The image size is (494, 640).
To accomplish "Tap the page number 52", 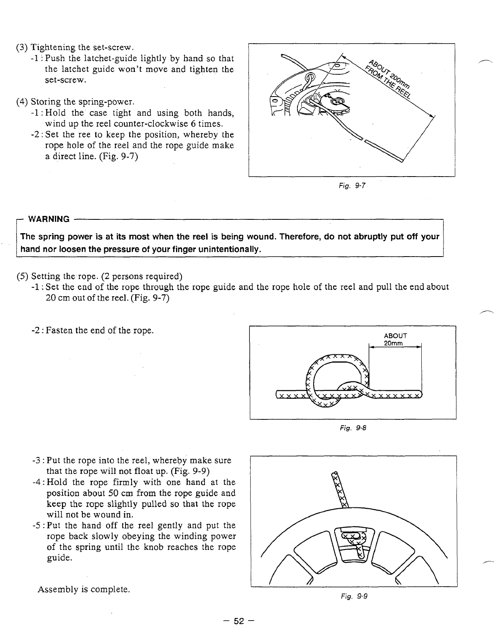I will (239, 621).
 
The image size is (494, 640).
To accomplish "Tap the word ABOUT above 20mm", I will (396, 336).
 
